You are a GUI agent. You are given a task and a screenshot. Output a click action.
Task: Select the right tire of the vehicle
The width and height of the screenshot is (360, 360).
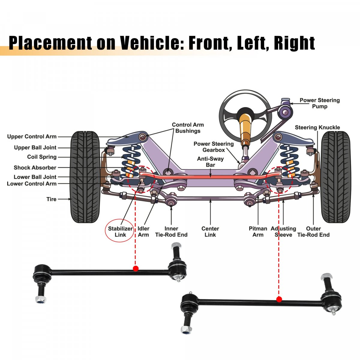tap(336, 177)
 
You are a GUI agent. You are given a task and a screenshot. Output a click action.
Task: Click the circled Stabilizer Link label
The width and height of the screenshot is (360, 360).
tap(120, 232)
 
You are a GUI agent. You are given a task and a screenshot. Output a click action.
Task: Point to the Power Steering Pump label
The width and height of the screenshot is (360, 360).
tap(319, 103)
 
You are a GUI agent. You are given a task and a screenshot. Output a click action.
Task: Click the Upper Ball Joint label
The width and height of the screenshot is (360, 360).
tap(35, 148)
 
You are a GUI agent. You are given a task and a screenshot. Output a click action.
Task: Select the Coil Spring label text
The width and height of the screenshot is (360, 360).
tap(42, 157)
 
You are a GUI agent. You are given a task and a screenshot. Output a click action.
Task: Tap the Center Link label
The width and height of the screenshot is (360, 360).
tap(210, 232)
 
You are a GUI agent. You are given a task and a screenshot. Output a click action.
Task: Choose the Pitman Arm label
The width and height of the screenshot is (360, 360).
tap(258, 232)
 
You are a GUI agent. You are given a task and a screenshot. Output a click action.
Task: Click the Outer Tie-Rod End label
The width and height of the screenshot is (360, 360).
tap(313, 232)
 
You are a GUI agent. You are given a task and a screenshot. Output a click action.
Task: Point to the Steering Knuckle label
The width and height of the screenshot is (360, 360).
tap(317, 127)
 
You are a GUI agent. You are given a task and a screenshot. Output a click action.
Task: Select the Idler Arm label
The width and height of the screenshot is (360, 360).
tap(143, 232)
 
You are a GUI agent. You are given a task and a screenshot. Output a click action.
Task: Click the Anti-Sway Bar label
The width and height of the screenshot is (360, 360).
tap(210, 162)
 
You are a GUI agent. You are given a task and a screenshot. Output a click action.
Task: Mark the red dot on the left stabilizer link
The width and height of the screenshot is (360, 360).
tap(136, 268)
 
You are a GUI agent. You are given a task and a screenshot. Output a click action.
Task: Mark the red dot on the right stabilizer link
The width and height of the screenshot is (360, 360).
tap(279, 299)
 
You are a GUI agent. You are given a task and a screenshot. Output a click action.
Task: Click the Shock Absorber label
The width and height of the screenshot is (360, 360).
tap(35, 168)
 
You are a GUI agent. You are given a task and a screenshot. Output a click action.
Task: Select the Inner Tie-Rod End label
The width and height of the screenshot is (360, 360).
tap(171, 232)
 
